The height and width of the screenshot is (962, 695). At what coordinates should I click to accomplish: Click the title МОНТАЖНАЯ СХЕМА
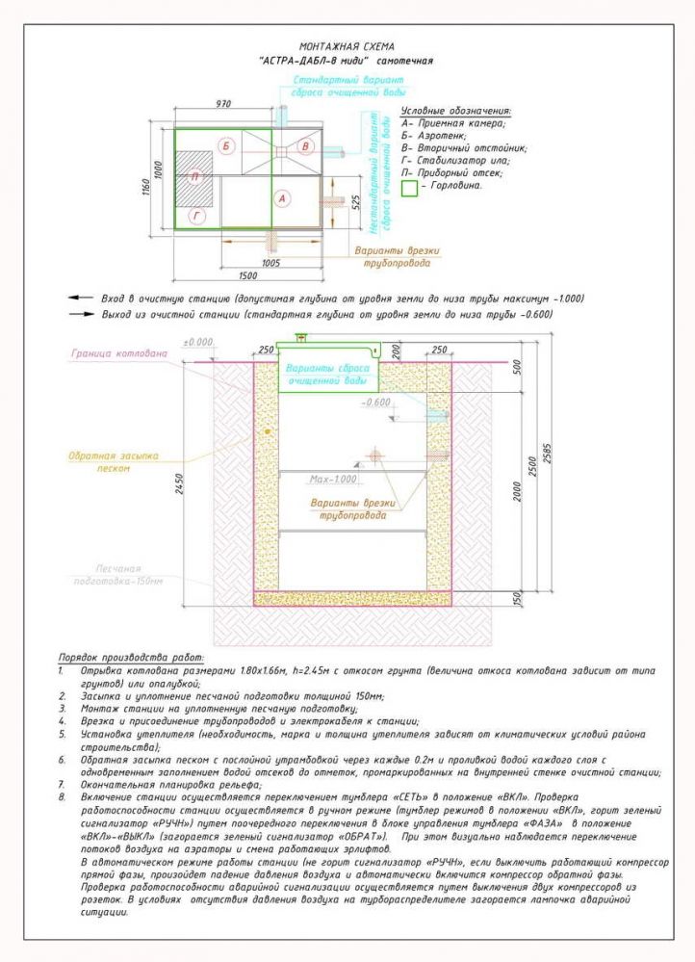(347, 46)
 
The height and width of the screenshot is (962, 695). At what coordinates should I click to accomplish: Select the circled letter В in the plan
(305, 145)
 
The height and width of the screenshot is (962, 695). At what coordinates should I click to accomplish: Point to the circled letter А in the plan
(282, 198)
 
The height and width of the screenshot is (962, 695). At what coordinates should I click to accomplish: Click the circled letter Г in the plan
(196, 218)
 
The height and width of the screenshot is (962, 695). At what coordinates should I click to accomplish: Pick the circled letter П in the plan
(195, 177)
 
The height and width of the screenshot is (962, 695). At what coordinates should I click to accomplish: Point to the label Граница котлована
(119, 353)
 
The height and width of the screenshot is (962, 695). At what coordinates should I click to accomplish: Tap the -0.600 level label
(376, 402)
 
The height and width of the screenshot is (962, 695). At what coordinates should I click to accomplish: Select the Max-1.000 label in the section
(333, 479)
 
